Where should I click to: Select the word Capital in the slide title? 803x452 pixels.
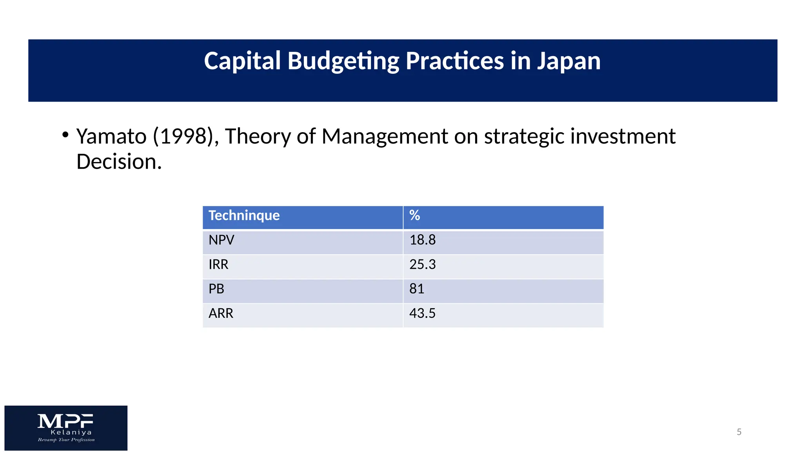click(x=242, y=61)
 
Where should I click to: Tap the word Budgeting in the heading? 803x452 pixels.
click(x=343, y=62)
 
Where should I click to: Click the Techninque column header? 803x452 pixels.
click(x=244, y=215)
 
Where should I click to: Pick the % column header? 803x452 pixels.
click(x=414, y=215)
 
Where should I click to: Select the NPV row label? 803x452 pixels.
click(x=221, y=240)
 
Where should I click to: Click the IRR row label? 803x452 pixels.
click(x=218, y=264)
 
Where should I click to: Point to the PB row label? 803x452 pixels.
click(x=216, y=289)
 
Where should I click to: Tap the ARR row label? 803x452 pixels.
click(x=221, y=313)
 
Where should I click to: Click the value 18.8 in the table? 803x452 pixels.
click(x=422, y=240)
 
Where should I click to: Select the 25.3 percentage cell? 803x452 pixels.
click(x=422, y=264)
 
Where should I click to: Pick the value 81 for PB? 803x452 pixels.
click(x=416, y=289)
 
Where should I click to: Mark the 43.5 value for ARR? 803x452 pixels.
click(x=422, y=313)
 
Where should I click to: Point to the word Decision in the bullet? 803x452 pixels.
click(x=118, y=162)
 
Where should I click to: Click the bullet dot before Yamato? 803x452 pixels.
click(x=65, y=135)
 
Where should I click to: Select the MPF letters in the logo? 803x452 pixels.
click(x=65, y=421)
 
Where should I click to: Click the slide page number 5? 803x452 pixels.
click(x=739, y=432)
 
